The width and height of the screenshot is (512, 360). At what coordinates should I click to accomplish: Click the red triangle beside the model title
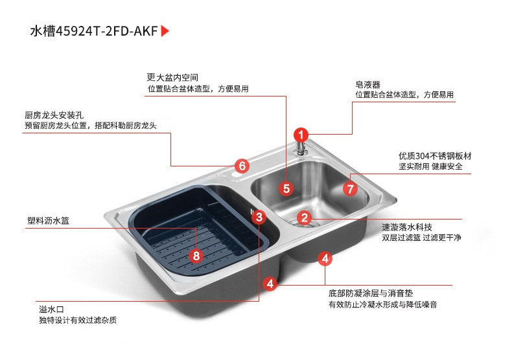165,31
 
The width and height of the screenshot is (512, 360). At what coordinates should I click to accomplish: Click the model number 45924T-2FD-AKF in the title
107,31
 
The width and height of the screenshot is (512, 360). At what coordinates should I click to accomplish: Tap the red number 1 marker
301,135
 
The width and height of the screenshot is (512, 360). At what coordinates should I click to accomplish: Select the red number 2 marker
305,218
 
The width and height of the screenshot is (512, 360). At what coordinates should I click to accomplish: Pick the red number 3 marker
259,217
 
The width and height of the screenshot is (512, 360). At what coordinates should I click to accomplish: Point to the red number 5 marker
286,188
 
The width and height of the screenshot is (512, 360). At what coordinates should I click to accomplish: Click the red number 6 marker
242,166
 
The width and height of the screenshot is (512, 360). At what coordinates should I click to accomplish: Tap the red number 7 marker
351,189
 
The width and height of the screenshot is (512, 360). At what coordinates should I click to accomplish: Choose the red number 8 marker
196,256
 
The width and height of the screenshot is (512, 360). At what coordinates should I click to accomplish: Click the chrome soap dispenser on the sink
301,148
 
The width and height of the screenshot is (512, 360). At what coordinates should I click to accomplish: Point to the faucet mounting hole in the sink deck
234,175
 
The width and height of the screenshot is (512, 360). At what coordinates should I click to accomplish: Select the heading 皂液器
368,85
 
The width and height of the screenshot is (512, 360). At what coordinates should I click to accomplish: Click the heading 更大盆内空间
172,77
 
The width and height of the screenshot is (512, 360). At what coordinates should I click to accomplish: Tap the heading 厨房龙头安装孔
54,115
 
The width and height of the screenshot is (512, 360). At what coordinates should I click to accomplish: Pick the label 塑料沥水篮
49,221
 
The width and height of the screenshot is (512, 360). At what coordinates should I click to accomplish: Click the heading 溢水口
52,309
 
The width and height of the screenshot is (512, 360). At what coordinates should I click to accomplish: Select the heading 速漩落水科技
407,227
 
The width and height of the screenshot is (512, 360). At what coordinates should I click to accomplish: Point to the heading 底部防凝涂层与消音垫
371,293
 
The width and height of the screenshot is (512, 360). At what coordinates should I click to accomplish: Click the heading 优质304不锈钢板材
436,156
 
